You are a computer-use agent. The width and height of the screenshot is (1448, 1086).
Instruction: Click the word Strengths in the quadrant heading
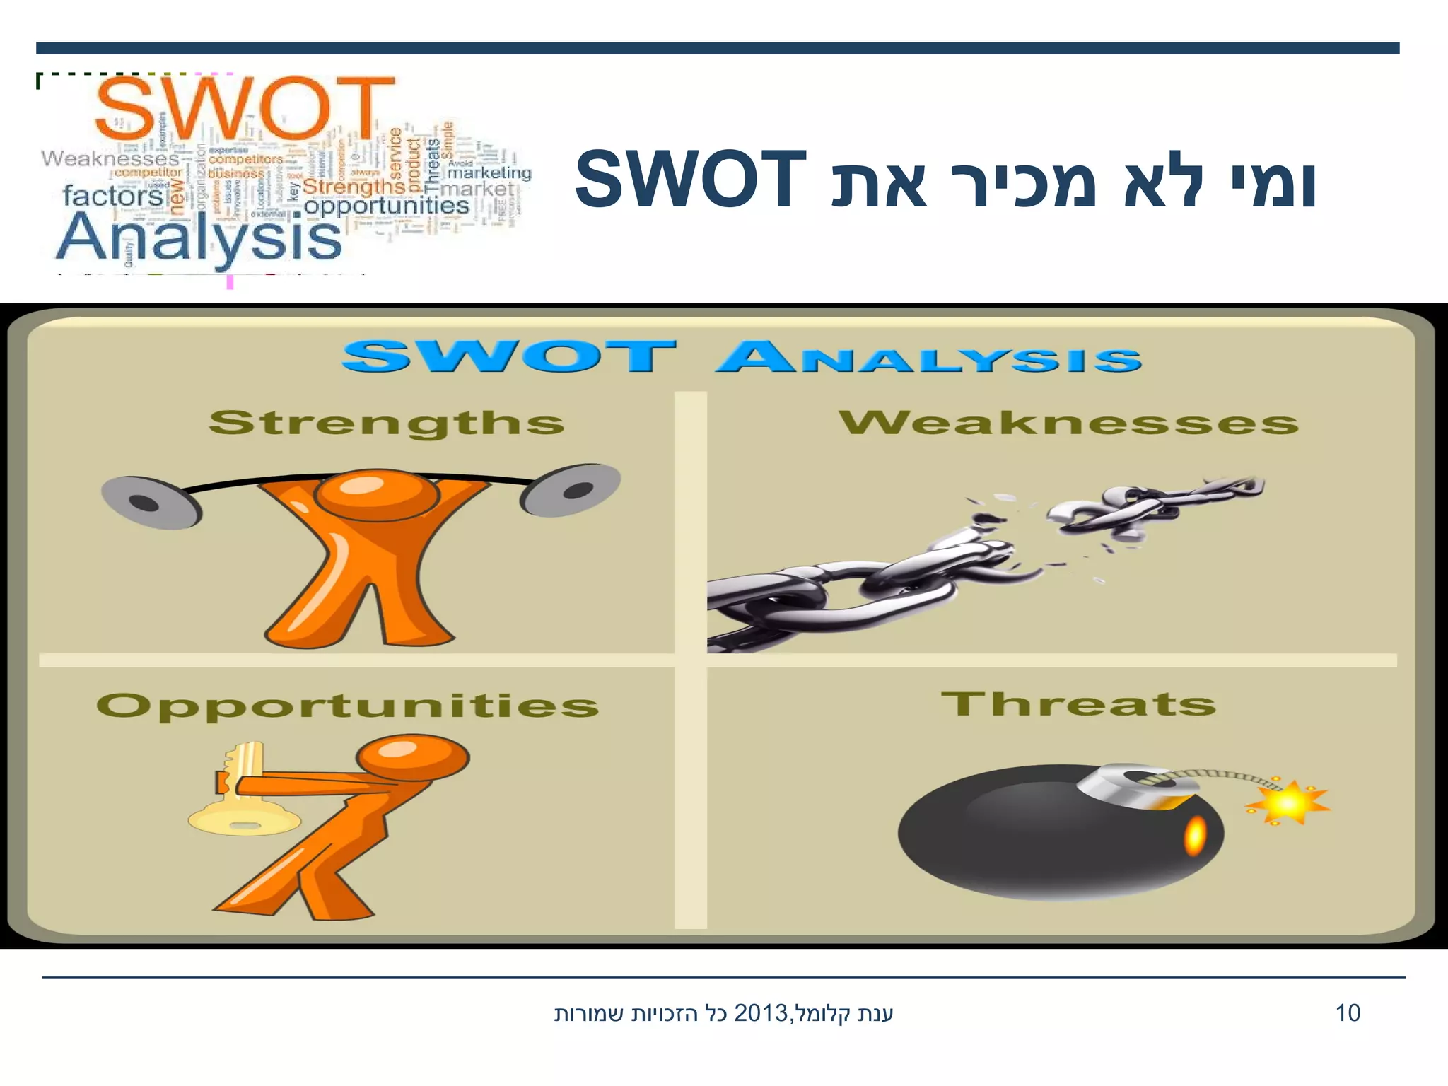(386, 423)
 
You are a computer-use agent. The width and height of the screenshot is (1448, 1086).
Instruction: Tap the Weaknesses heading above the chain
(1068, 423)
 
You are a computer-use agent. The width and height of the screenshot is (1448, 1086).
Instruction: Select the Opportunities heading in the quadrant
(347, 706)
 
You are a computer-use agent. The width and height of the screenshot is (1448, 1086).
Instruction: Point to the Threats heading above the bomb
(1078, 704)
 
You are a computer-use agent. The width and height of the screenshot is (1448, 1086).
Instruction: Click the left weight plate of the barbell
(150, 503)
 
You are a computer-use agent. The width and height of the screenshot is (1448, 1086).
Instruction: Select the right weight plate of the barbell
(571, 489)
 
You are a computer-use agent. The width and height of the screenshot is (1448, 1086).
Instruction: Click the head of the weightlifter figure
(375, 494)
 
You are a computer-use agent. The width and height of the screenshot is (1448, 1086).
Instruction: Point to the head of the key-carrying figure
(413, 757)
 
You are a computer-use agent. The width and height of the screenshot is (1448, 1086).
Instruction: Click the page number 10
(1348, 1013)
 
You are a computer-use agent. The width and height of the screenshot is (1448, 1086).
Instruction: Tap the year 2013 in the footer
(761, 1013)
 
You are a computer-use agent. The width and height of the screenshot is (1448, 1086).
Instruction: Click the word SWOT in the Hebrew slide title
(691, 180)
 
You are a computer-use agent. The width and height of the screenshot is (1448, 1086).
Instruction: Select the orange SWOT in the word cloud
(244, 110)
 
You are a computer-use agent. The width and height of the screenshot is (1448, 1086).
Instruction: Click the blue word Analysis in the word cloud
(199, 239)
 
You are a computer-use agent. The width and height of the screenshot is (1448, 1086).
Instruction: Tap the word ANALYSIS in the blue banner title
(928, 357)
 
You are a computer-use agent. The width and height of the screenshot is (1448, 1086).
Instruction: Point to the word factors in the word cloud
(113, 195)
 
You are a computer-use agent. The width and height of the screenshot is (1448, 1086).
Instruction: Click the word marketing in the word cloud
(489, 173)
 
